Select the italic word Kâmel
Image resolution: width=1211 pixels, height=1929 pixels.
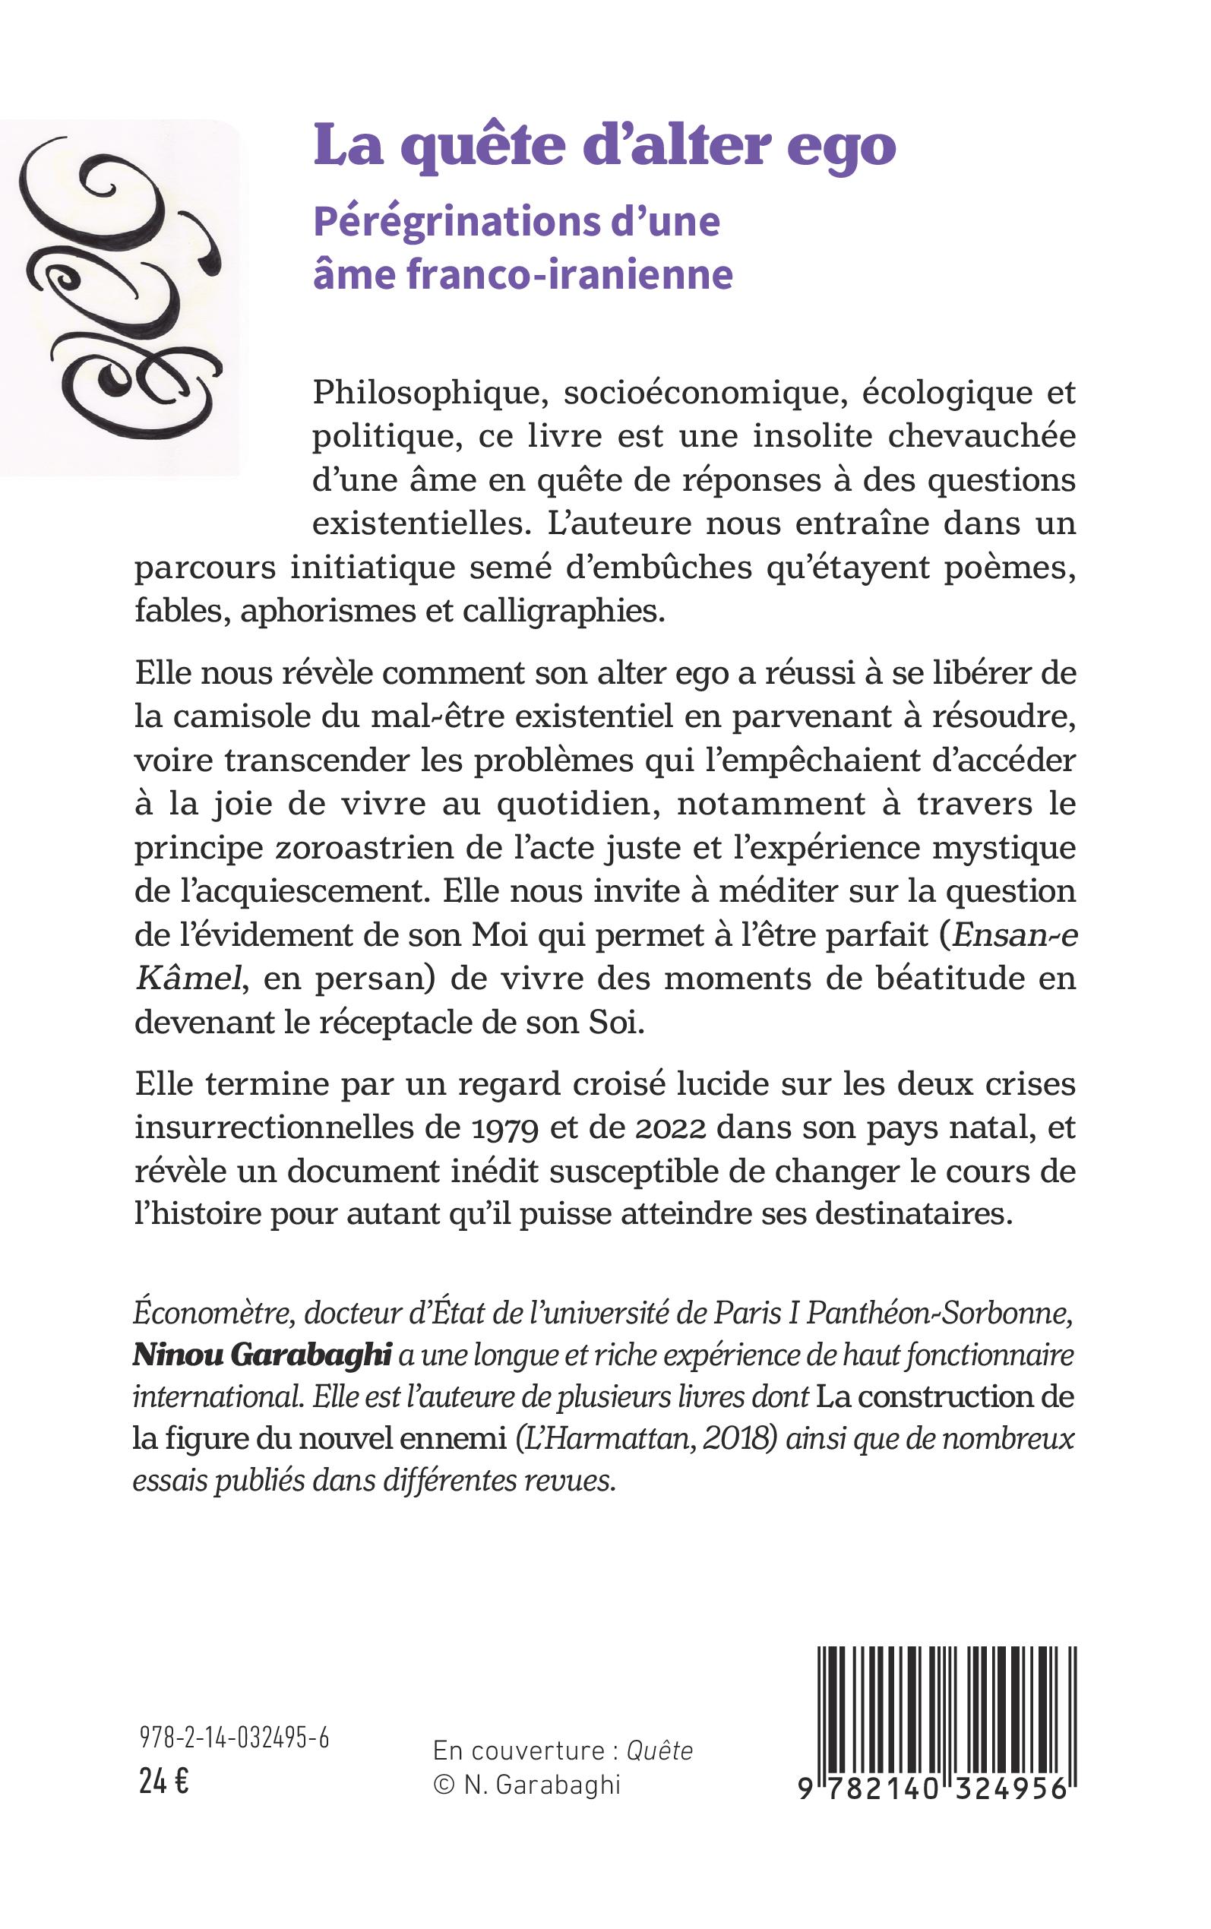(188, 979)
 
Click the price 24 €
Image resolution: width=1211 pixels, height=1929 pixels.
(163, 1782)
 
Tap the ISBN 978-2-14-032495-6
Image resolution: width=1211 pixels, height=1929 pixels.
(234, 1738)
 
